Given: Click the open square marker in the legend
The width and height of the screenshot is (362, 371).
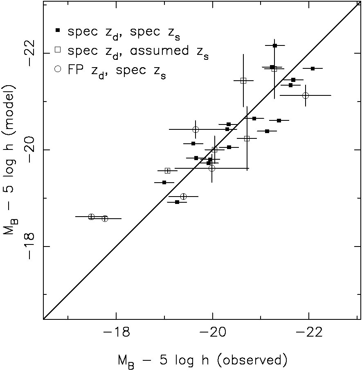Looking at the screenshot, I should coord(58,50).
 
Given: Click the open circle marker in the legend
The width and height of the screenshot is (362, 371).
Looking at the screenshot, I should coord(58,70).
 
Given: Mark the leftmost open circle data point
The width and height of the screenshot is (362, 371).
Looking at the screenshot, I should coord(92,217).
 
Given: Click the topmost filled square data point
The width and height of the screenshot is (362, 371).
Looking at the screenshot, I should coord(275,45).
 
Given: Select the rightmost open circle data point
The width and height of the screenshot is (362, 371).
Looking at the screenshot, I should coord(306,95).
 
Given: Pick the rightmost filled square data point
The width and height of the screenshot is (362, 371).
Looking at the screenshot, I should coord(313,68).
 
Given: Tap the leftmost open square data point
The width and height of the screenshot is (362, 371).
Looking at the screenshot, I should coord(167,171).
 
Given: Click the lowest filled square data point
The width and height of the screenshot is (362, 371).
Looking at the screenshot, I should coord(177,202).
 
